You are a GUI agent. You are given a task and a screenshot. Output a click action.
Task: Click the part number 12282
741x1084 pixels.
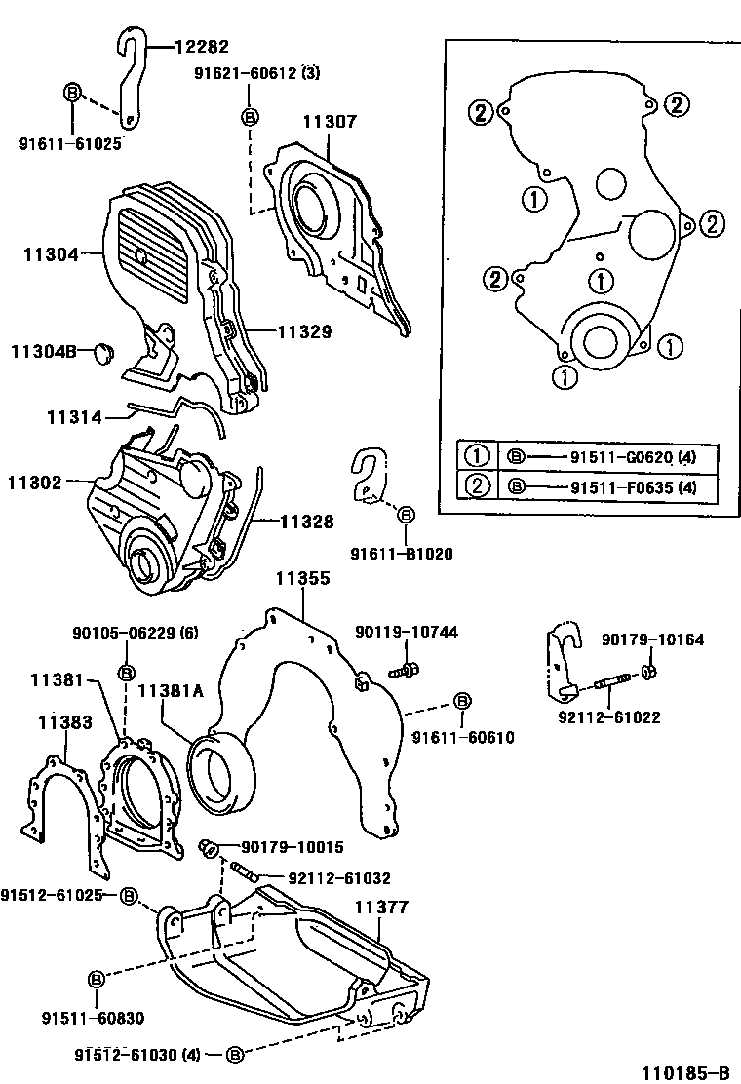coord(201,45)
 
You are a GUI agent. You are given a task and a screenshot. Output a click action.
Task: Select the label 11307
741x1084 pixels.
coord(329,123)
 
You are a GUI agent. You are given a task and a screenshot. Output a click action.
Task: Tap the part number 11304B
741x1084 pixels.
coord(44,351)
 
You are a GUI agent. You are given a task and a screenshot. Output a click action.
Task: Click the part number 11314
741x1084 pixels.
coord(74,417)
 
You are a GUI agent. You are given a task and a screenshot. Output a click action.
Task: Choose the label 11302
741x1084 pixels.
coord(35,482)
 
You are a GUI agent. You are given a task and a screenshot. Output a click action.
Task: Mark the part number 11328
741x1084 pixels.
coord(308,523)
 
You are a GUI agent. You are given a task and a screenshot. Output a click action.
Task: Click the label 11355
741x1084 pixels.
coord(302,578)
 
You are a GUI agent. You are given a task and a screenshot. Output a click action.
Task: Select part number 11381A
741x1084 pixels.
coord(170,691)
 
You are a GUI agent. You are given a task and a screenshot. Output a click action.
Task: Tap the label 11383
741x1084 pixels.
coord(65,722)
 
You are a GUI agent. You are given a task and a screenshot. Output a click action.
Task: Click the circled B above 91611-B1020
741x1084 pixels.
coord(406,514)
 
